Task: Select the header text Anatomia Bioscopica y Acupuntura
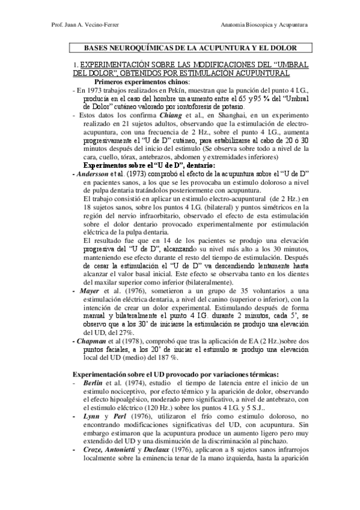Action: tap(264, 26)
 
